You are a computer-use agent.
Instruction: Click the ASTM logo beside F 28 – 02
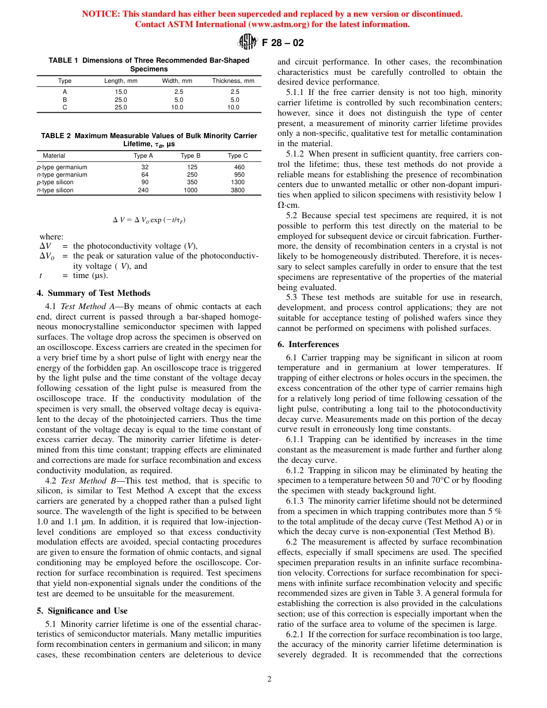pyautogui.click(x=249, y=42)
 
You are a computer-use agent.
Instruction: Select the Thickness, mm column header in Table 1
pyautogui.click(x=233, y=81)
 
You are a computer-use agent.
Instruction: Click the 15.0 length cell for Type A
pyautogui.click(x=121, y=92)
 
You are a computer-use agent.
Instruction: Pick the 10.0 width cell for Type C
pyautogui.click(x=177, y=107)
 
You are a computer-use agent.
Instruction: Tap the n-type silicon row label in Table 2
pyautogui.click(x=55, y=190)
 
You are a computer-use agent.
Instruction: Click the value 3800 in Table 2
pyautogui.click(x=237, y=190)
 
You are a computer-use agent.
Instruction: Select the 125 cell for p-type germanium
pyautogui.click(x=192, y=168)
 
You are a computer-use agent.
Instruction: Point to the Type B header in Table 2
pyautogui.click(x=191, y=156)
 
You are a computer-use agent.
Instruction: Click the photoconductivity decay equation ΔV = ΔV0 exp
pyautogui.click(x=149, y=220)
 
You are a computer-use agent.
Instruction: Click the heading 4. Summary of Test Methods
pyautogui.click(x=93, y=293)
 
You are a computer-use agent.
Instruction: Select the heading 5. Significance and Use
pyautogui.click(x=82, y=611)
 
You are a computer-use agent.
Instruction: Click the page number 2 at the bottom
pyautogui.click(x=269, y=679)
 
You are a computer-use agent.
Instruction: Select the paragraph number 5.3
pyautogui.click(x=292, y=297)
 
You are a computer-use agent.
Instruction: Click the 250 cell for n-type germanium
pyautogui.click(x=192, y=175)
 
